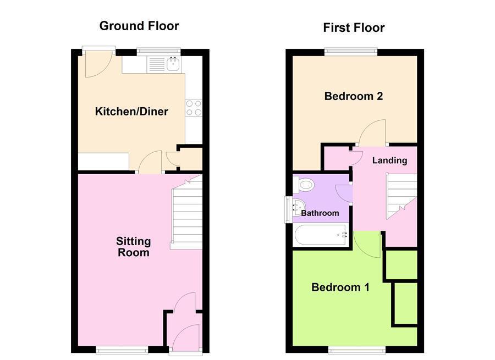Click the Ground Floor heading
pyautogui.click(x=139, y=25)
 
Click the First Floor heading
pyautogui.click(x=354, y=27)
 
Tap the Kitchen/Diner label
pyautogui.click(x=131, y=112)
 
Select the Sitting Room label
pyautogui.click(x=133, y=247)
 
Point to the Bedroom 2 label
pyautogui.click(x=353, y=96)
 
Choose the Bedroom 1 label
pyautogui.click(x=340, y=287)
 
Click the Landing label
pyautogui.click(x=389, y=160)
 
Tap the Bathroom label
pyautogui.click(x=320, y=213)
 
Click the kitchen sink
pyautogui.click(x=173, y=65)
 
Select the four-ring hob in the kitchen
pyautogui.click(x=194, y=108)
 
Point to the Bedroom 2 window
pyautogui.click(x=350, y=52)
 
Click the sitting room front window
pyautogui.click(x=122, y=349)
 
